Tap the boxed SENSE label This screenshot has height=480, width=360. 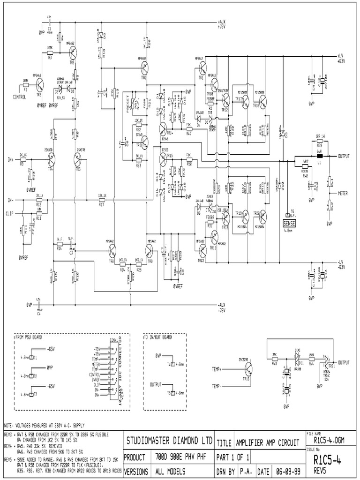click(x=290, y=221)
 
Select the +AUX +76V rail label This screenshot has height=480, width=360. click(x=222, y=24)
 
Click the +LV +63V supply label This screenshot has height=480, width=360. click(x=340, y=58)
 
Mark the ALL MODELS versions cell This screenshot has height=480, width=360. click(x=171, y=471)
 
